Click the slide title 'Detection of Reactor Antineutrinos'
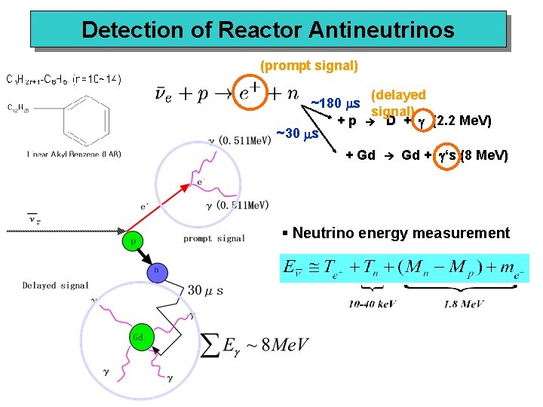click(x=268, y=30)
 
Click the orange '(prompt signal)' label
click(x=308, y=66)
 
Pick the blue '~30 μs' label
click(x=299, y=135)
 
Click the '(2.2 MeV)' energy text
click(x=463, y=121)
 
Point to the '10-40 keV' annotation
click(x=372, y=304)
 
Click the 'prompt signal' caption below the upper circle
click(x=213, y=238)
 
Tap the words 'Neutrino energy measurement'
click(x=400, y=233)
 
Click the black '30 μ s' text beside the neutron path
click(x=204, y=290)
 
